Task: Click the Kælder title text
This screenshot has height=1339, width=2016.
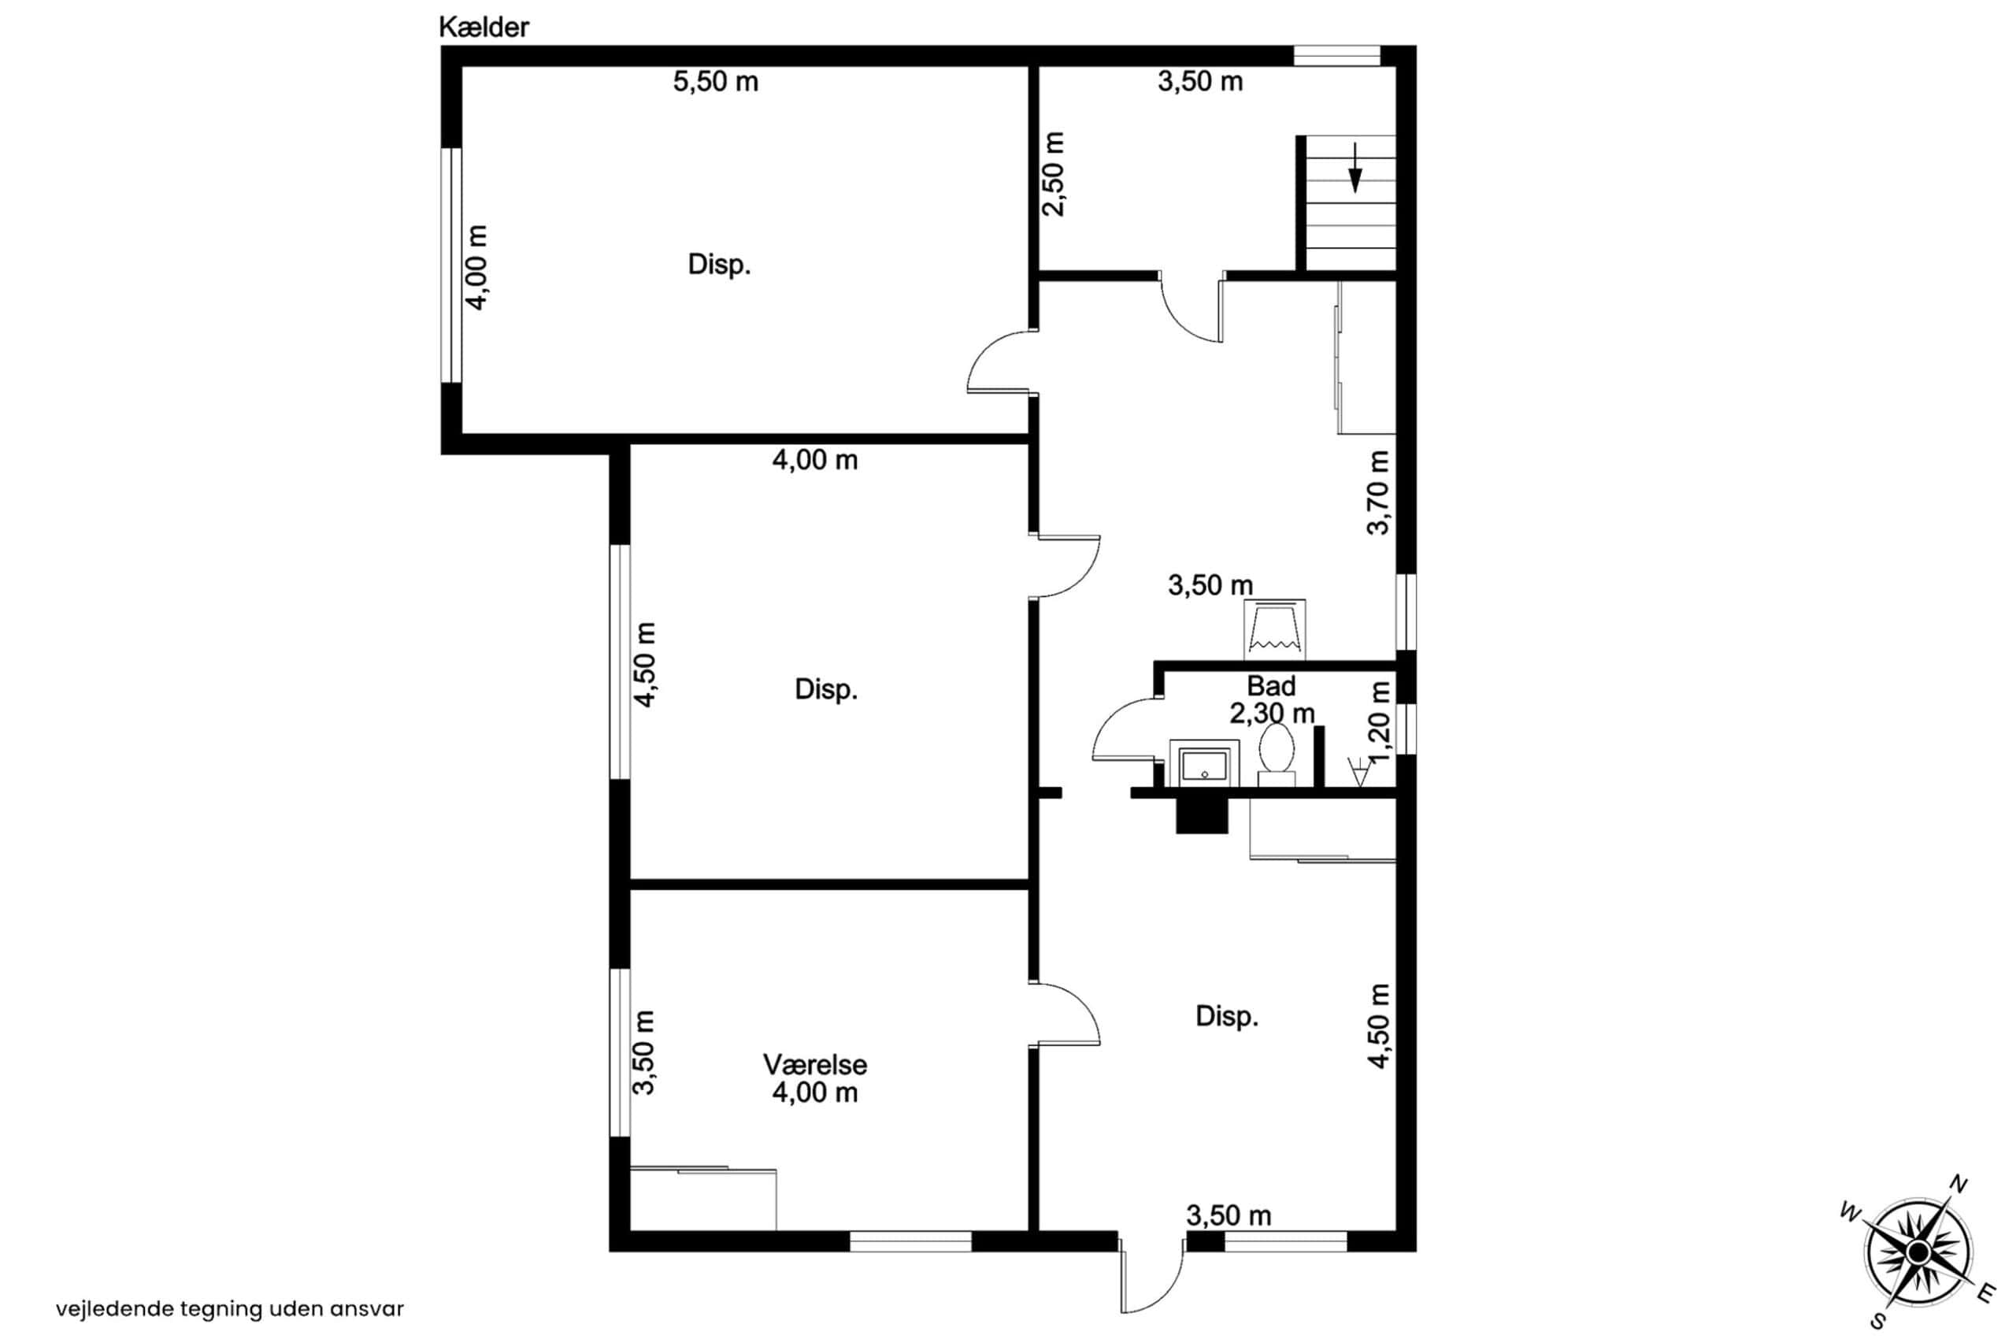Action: (x=484, y=28)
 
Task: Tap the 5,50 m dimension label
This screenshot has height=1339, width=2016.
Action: (x=716, y=82)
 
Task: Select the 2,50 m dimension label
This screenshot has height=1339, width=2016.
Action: (x=1054, y=174)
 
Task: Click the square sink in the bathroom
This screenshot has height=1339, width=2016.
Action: (x=1204, y=762)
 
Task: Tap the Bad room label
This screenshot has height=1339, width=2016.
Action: (x=1272, y=686)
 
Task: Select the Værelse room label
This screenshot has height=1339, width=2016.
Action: (x=814, y=1065)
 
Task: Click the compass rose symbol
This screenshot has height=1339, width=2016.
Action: (x=1918, y=1252)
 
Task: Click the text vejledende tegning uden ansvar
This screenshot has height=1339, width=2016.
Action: (x=231, y=1309)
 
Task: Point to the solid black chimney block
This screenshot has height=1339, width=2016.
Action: (x=1202, y=814)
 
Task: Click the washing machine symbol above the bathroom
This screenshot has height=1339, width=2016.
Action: (x=1275, y=629)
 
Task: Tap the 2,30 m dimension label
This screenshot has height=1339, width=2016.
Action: (x=1273, y=713)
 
